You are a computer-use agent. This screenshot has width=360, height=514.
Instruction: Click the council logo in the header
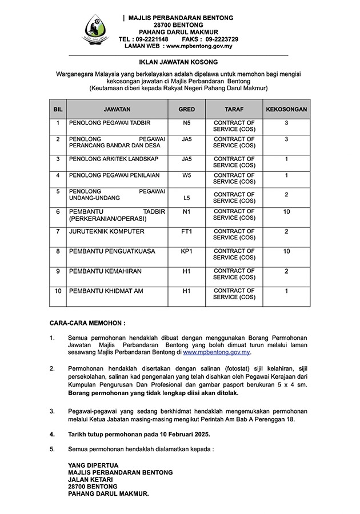(x=95, y=30)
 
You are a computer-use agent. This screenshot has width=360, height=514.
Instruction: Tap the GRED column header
(x=186, y=109)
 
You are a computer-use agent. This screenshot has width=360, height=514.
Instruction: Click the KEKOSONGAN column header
(x=286, y=109)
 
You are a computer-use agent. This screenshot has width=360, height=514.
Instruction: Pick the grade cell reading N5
(x=186, y=123)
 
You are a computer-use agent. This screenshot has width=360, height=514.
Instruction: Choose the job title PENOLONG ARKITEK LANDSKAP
(x=114, y=159)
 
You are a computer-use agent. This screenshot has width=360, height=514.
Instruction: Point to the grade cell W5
(x=186, y=175)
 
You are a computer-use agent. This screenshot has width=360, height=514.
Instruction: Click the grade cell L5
(x=186, y=198)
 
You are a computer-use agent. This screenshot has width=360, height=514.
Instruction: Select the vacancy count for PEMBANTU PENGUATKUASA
(x=286, y=251)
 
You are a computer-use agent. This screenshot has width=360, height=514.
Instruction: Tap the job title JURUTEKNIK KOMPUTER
(x=106, y=231)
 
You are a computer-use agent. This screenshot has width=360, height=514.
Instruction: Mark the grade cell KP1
(x=186, y=251)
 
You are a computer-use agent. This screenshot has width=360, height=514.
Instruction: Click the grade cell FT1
(x=186, y=231)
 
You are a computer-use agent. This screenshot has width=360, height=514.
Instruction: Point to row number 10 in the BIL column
(x=58, y=291)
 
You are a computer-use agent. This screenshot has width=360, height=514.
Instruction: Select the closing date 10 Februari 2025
(x=177, y=435)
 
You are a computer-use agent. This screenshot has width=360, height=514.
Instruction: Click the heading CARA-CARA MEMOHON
(x=87, y=323)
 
